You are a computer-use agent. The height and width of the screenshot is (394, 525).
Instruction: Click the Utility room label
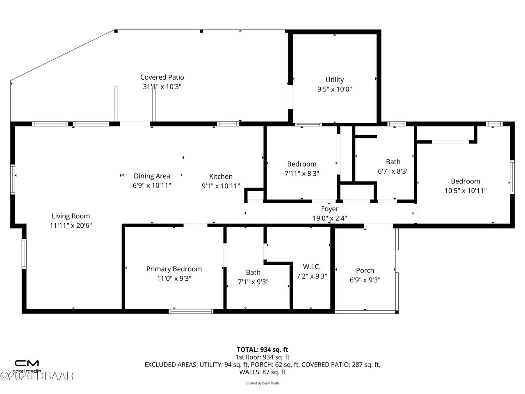coord(334,80)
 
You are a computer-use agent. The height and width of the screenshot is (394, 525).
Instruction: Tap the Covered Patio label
coord(162,77)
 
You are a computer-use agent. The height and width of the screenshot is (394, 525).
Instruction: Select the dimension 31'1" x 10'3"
coord(162,87)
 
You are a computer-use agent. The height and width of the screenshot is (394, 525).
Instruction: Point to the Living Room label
coord(71,216)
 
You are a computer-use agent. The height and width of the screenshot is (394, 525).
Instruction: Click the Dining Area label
coord(152,176)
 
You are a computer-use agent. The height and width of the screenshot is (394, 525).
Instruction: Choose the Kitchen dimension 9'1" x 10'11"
coord(221,186)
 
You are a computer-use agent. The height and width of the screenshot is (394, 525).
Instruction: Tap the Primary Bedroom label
coord(174,269)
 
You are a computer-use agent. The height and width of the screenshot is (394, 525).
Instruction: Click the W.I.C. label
coord(312,267)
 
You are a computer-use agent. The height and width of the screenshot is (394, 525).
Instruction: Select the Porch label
coord(365,270)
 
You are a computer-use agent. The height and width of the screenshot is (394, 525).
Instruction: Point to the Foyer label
coord(330,209)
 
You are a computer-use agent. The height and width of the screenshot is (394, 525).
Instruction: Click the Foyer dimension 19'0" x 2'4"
coord(330,218)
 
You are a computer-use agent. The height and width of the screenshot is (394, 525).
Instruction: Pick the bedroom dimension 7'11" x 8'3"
coord(302,174)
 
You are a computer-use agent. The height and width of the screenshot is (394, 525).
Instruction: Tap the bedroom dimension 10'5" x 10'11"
coord(466,190)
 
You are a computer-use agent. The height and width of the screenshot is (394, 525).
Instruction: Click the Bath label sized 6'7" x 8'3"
coord(393,162)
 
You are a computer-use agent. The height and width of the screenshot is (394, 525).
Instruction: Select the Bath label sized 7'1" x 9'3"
coord(253,272)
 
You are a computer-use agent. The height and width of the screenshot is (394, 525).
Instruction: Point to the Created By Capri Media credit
coord(262,383)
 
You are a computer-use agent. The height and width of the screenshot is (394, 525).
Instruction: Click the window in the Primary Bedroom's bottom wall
coord(191,311)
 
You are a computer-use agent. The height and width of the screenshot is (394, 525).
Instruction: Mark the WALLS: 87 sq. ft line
coord(262,372)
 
